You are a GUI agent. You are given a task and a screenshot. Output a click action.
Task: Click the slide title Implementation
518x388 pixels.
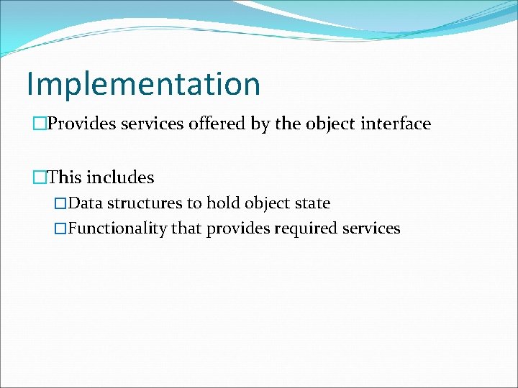143,84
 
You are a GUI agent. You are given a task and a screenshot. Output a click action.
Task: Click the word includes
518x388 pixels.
120,177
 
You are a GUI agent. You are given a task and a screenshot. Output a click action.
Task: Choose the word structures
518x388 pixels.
145,203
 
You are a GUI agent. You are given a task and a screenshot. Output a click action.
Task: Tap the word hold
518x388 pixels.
222,203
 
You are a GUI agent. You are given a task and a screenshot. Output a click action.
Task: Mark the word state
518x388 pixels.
311,203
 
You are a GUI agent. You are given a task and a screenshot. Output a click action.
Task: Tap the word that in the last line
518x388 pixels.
187,229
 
